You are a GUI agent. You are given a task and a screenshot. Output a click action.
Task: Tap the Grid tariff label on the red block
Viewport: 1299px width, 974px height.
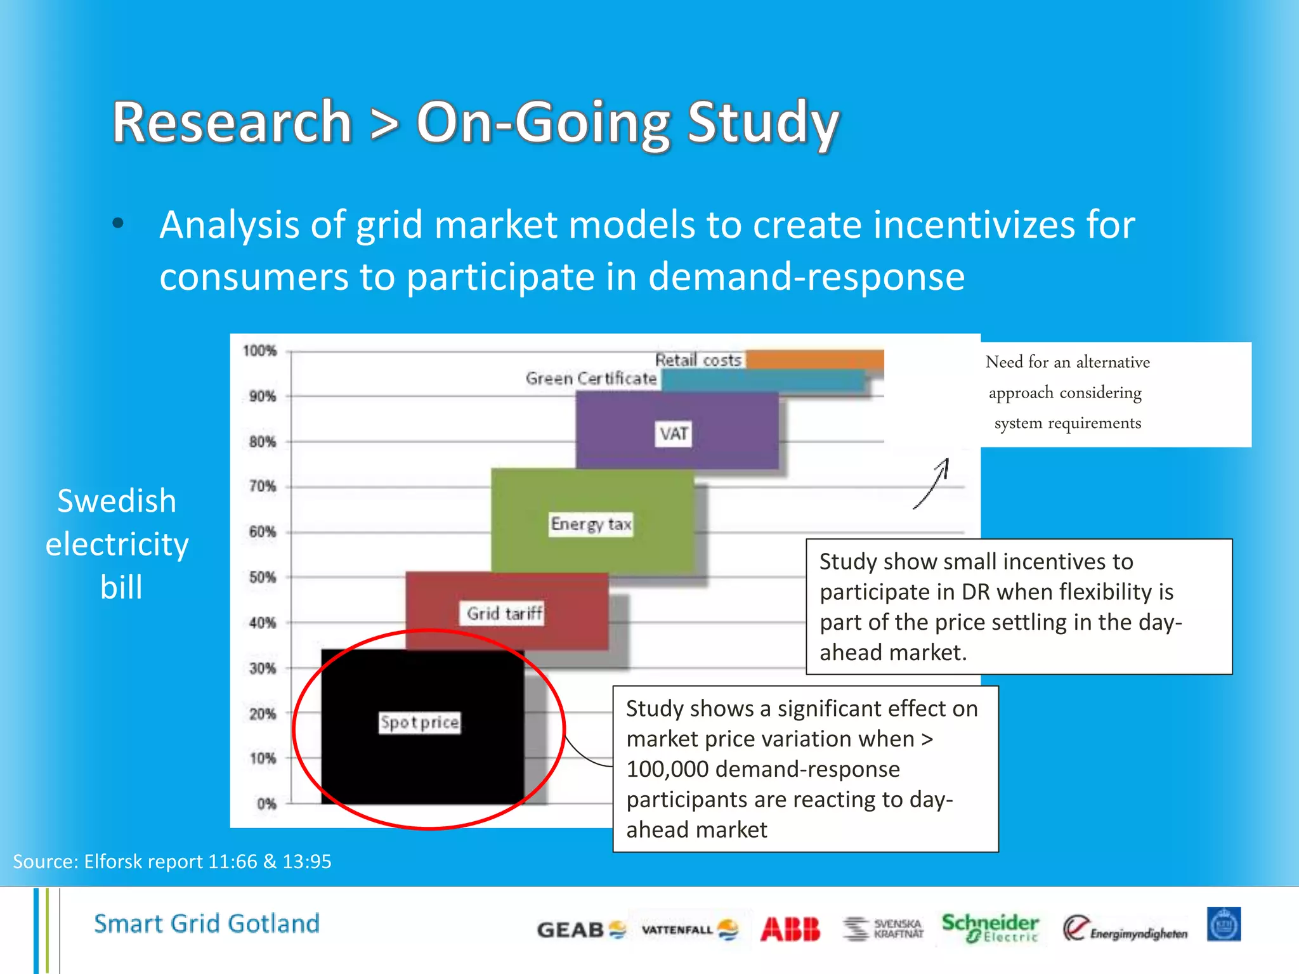(x=505, y=613)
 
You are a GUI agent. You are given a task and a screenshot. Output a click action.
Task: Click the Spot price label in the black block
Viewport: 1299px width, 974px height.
(x=419, y=722)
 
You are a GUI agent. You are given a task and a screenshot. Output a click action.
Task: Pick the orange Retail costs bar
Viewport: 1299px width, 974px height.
(x=815, y=359)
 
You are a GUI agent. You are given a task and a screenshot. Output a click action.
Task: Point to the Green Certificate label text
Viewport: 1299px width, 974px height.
(x=591, y=379)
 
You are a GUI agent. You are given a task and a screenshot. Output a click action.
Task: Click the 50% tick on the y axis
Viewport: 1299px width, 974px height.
(x=263, y=577)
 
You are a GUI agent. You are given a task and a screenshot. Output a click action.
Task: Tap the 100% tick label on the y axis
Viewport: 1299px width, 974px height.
(x=260, y=351)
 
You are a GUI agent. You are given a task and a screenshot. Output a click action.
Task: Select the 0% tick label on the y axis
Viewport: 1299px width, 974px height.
(x=266, y=804)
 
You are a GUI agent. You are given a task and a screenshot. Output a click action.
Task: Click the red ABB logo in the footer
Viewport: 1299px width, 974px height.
(x=790, y=930)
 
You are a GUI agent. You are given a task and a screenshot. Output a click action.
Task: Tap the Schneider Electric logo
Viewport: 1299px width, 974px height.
(x=990, y=928)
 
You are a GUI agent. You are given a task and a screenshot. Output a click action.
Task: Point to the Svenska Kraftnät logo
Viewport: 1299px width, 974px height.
(x=884, y=928)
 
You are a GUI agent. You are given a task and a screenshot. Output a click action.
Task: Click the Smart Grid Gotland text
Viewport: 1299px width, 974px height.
(x=207, y=923)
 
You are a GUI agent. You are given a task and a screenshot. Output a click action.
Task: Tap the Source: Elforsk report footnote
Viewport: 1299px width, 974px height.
(x=172, y=861)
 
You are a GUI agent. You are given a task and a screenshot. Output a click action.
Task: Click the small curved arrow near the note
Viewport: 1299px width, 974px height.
(x=932, y=483)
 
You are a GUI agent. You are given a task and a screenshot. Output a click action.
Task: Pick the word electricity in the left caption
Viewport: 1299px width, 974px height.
(x=117, y=544)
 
